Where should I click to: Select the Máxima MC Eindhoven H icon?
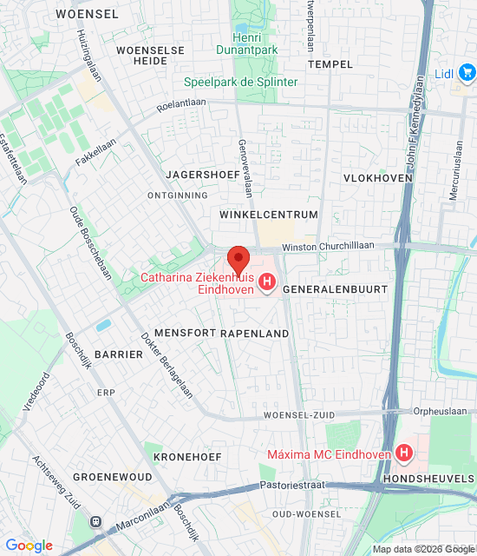(403, 453)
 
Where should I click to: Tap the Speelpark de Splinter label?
(241, 83)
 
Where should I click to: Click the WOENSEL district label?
(87, 14)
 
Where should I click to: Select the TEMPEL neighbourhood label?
(330, 64)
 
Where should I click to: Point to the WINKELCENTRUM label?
(269, 215)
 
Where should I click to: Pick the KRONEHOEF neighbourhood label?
(187, 456)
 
